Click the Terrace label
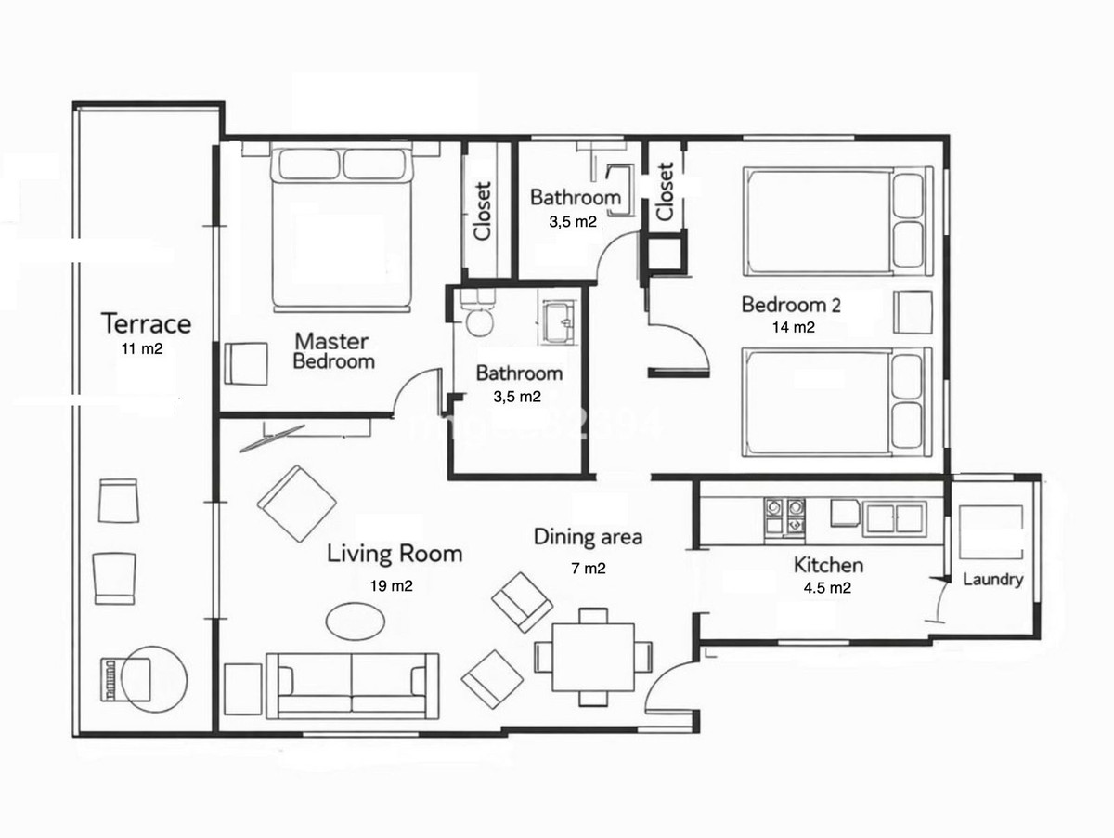pyautogui.click(x=146, y=324)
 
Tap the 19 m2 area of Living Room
pyautogui.click(x=390, y=585)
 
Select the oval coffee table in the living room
pyautogui.click(x=356, y=621)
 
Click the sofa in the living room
pyautogui.click(x=353, y=685)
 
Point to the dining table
pyautogui.click(x=594, y=655)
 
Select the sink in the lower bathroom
pyautogui.click(x=559, y=322)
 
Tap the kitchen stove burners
pyautogui.click(x=783, y=517)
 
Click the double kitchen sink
pyautogui.click(x=894, y=517)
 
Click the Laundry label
pyautogui.click(x=992, y=580)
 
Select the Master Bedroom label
pyautogui.click(x=332, y=351)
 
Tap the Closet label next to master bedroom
pyautogui.click(x=483, y=210)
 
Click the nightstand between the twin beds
pyautogui.click(x=913, y=311)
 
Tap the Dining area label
pyautogui.click(x=588, y=537)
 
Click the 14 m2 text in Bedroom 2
pyautogui.click(x=793, y=327)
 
